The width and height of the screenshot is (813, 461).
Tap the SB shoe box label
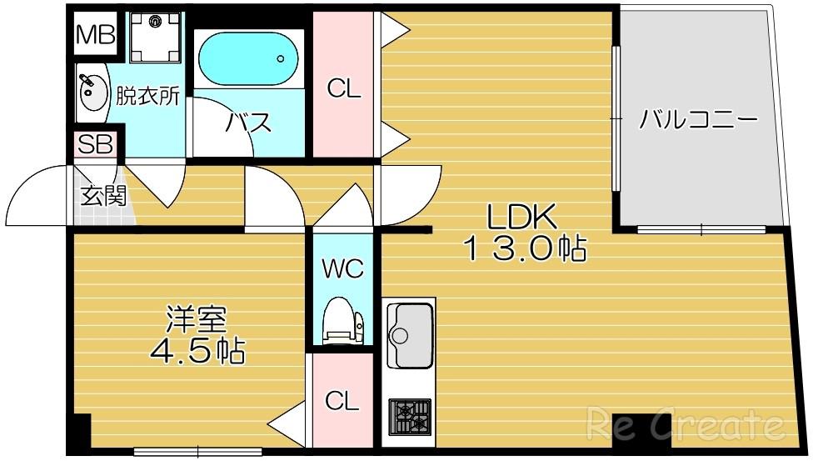pos(96,144)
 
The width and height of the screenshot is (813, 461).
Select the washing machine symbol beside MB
pos(155,37)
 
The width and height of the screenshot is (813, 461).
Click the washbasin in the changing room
pos(93,93)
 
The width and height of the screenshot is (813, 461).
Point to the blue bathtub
pos(249,59)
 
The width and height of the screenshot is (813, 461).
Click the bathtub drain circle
pos(281,58)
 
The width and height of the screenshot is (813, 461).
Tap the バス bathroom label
pos(248,123)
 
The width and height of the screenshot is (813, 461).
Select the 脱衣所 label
pos(147,95)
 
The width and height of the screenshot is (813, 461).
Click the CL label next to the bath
pos(343,88)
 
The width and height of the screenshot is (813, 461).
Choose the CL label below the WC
pos(342,401)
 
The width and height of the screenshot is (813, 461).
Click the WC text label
pos(342,269)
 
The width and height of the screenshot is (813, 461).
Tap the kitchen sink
pos(410,335)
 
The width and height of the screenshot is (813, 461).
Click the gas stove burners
pos(410,416)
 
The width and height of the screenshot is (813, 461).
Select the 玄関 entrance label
pos(103,196)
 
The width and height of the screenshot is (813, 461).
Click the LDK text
pos(521,217)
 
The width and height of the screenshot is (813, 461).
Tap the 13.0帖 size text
pos(526,248)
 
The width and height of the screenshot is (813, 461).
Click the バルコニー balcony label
pos(698,120)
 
